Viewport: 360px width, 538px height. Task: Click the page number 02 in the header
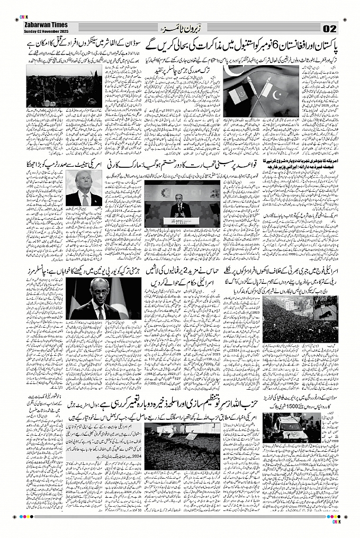(x=329, y=28)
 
